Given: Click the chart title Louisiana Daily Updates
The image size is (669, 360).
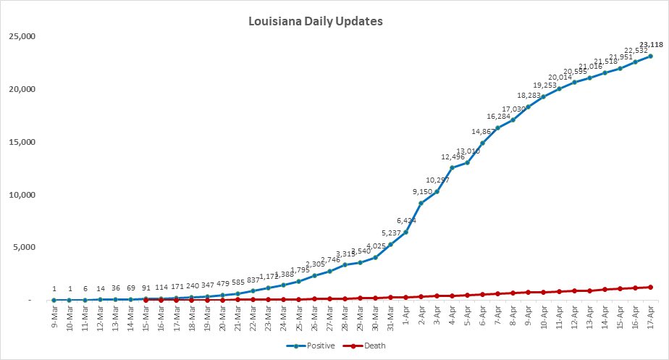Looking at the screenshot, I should (x=315, y=21).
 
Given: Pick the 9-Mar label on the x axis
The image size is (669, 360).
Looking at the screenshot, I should (x=54, y=317).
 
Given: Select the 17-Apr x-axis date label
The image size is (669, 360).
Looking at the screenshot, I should (x=650, y=317).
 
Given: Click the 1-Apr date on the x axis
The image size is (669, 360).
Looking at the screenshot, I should (x=405, y=317).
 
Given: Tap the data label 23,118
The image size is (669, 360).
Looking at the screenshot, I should (x=650, y=44).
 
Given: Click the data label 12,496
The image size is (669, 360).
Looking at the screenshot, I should (x=453, y=156).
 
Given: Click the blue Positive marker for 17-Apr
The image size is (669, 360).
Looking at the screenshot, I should (x=650, y=56).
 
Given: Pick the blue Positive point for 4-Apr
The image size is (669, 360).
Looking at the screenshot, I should (x=452, y=168).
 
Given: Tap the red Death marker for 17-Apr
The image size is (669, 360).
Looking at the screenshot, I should (x=650, y=287).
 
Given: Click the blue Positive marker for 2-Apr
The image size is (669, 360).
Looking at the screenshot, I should (x=421, y=203).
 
